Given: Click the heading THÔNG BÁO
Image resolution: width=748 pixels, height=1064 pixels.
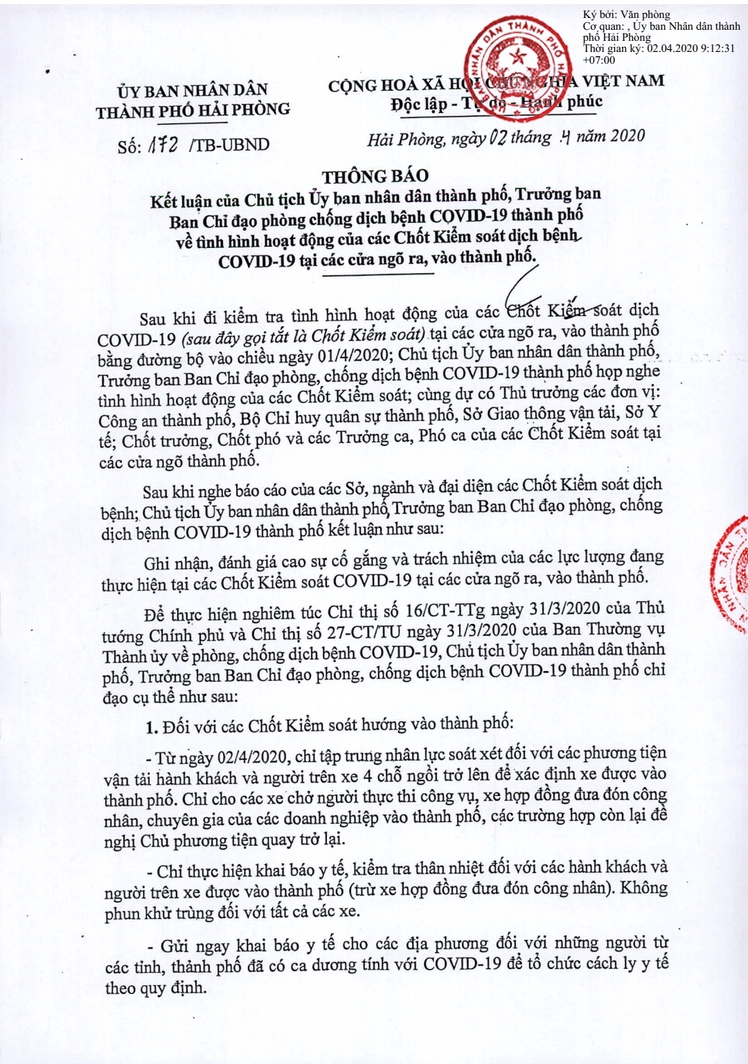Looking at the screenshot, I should pyautogui.click(x=375, y=176).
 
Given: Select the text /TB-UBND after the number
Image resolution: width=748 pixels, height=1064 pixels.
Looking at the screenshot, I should pyautogui.click(x=229, y=145).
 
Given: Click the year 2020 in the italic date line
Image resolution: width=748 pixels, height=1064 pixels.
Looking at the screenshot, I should pyautogui.click(x=627, y=135).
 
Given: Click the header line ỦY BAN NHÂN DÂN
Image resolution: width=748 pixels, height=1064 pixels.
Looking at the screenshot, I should pyautogui.click(x=192, y=90).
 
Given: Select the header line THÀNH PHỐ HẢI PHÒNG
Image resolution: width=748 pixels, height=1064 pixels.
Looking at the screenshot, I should pyautogui.click(x=193, y=110).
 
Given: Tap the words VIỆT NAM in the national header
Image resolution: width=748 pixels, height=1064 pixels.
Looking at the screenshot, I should pyautogui.click(x=623, y=81).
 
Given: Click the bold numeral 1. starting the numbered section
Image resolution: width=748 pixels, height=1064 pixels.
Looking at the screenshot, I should pyautogui.click(x=152, y=727).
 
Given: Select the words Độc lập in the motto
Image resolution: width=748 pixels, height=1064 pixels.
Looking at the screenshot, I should pyautogui.click(x=418, y=105).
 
